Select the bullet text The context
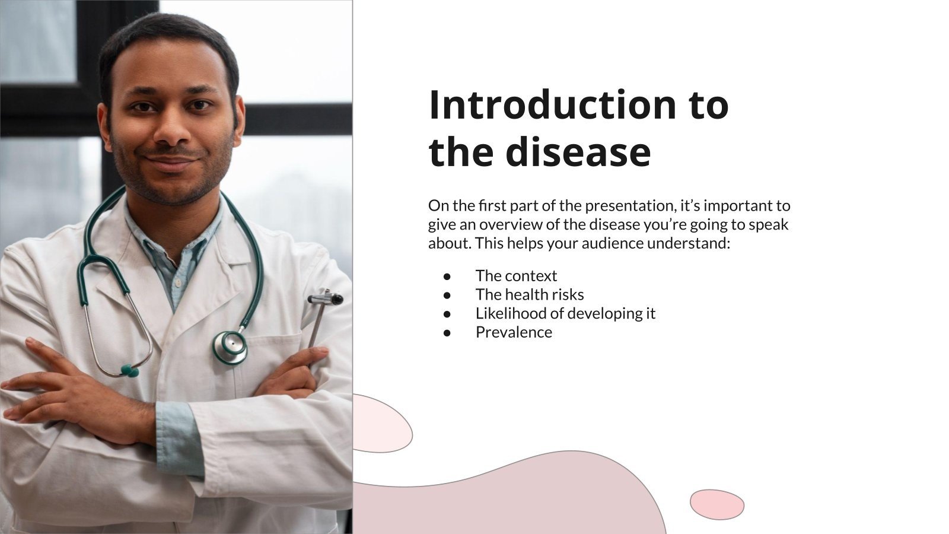tap(516, 276)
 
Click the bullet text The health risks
tap(529, 295)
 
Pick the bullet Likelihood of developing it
tap(565, 313)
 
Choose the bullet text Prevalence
tap(513, 332)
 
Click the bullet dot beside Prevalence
tap(447, 332)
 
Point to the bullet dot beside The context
tap(447, 276)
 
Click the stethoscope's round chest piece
tap(230, 347)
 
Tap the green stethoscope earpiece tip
tap(129, 371)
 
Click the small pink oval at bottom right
tap(716, 504)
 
